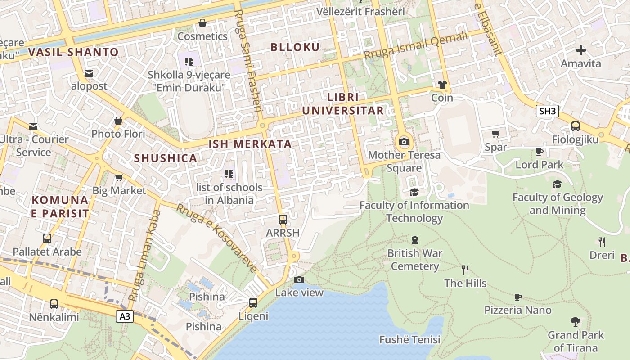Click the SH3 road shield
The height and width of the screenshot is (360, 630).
(x=547, y=111)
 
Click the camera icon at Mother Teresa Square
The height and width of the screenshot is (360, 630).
(x=404, y=143)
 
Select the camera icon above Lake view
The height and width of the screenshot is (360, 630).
(x=299, y=280)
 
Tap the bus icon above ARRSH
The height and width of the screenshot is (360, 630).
(x=283, y=220)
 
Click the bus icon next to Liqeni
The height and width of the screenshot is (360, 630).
(x=253, y=303)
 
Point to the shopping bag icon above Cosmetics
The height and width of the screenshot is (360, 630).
(x=202, y=23)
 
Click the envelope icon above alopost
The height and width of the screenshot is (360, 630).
(x=89, y=73)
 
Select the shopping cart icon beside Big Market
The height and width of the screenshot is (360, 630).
(x=119, y=178)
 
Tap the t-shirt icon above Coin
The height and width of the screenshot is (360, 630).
(x=442, y=85)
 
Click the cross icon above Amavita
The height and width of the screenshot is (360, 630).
(x=580, y=50)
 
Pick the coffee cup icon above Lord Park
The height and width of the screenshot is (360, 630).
(x=539, y=152)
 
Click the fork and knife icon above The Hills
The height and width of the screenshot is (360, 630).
(x=465, y=270)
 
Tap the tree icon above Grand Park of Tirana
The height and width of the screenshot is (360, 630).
(x=575, y=322)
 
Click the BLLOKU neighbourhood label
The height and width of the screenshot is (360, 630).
(x=295, y=47)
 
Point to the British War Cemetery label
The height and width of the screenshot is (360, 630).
(x=414, y=260)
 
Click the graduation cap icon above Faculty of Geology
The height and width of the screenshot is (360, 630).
(x=557, y=184)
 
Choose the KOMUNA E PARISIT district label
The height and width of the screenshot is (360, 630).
(x=59, y=207)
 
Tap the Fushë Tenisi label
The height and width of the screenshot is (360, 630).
(x=409, y=339)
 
